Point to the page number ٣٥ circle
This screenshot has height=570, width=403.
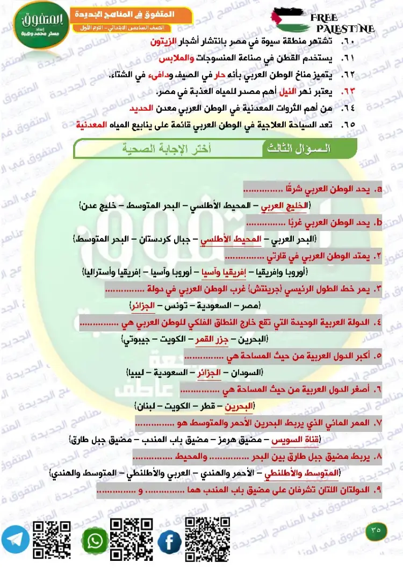(x=376, y=530)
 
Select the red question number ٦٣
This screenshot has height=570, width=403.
(x=348, y=92)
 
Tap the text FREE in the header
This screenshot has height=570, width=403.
(x=325, y=18)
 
